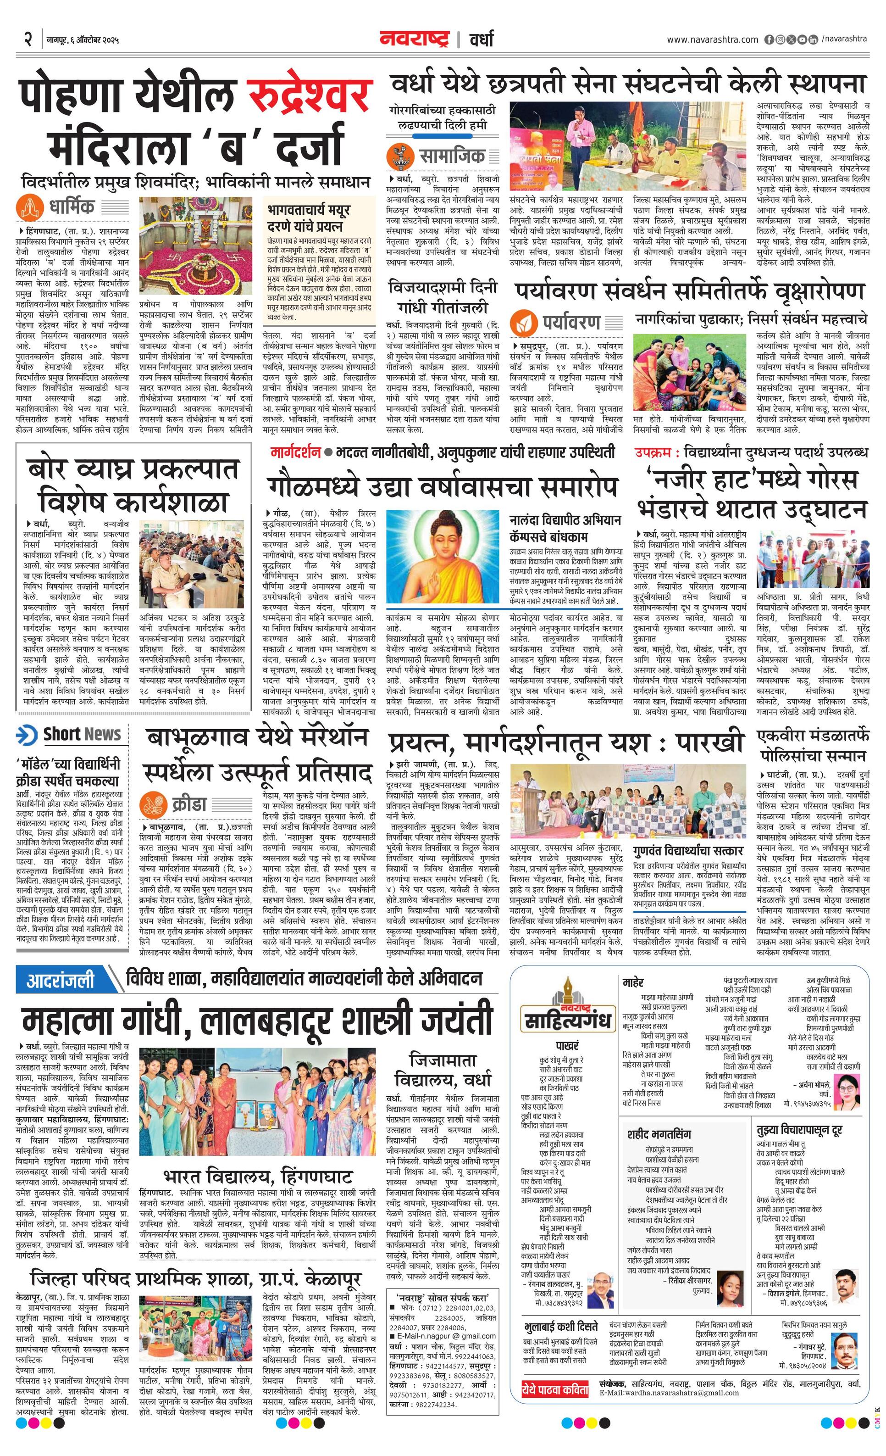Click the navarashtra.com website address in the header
point(712,39)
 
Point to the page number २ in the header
point(28,39)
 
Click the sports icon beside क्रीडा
point(153,805)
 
